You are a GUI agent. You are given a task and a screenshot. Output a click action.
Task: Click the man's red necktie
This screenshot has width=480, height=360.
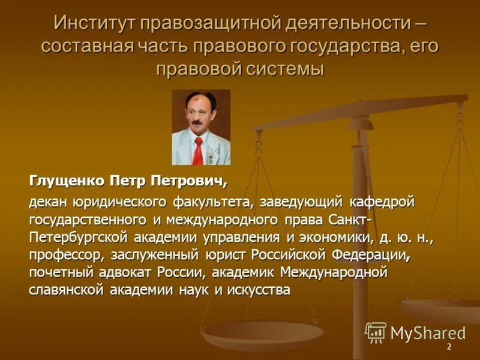coord(197,150)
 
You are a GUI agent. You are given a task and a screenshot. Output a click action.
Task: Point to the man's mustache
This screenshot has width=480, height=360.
coord(196,123)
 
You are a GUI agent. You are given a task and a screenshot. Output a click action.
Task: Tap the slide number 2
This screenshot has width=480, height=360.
coord(448,347)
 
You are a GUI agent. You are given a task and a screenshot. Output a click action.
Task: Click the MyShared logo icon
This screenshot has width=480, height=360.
coord(376,332)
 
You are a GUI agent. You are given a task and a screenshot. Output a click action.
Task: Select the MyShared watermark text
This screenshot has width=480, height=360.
coord(428,334)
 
